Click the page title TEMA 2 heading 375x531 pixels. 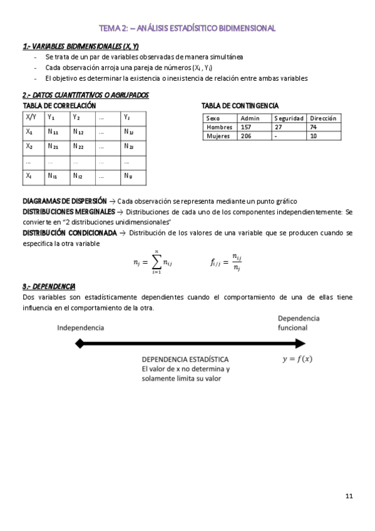(187, 28)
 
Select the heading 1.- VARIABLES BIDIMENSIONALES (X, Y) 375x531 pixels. (81, 46)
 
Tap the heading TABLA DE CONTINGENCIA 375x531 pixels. (240, 106)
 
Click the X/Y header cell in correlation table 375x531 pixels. (31, 117)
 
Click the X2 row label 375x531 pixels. (29, 147)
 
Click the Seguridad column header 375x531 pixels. (289, 118)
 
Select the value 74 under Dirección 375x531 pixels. (314, 127)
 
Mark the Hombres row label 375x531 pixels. (219, 127)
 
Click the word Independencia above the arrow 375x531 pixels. (81, 327)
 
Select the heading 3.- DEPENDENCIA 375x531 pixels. (49, 286)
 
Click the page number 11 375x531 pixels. (349, 497)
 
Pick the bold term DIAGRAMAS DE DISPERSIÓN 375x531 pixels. (64, 201)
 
